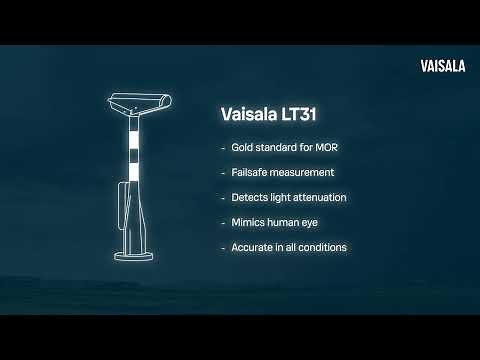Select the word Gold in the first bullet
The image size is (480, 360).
click(243, 147)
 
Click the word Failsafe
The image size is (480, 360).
click(250, 172)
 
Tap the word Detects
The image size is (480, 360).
click(249, 197)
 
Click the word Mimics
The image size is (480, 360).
click(248, 222)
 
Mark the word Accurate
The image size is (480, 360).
click(251, 247)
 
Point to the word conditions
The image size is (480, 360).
click(324, 247)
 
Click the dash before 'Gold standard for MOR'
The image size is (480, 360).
click(223, 147)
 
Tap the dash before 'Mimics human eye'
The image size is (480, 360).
click(223, 222)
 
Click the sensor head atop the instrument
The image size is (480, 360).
click(139, 101)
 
